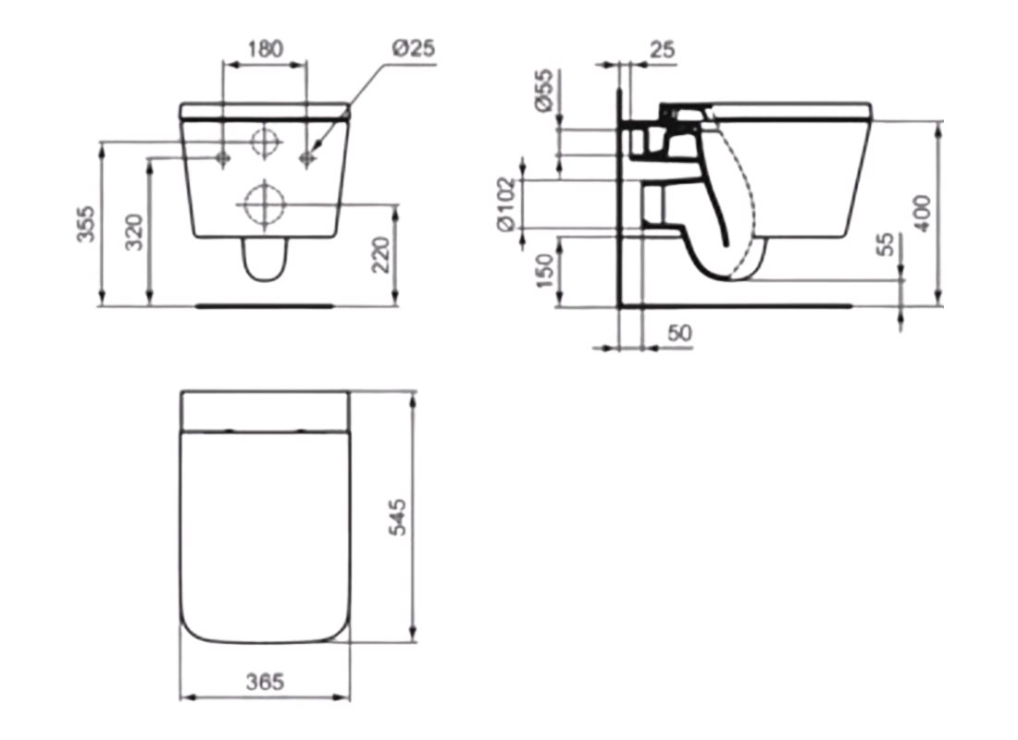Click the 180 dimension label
[266, 48]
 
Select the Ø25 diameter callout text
[413, 48]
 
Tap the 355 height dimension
[85, 223]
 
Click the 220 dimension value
[380, 255]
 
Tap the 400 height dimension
[921, 213]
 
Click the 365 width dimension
[266, 682]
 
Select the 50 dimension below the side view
[679, 333]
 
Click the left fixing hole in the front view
[222, 158]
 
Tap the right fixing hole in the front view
[307, 158]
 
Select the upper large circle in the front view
[265, 142]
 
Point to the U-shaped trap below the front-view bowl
[265, 260]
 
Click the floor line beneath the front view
[265, 302]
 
